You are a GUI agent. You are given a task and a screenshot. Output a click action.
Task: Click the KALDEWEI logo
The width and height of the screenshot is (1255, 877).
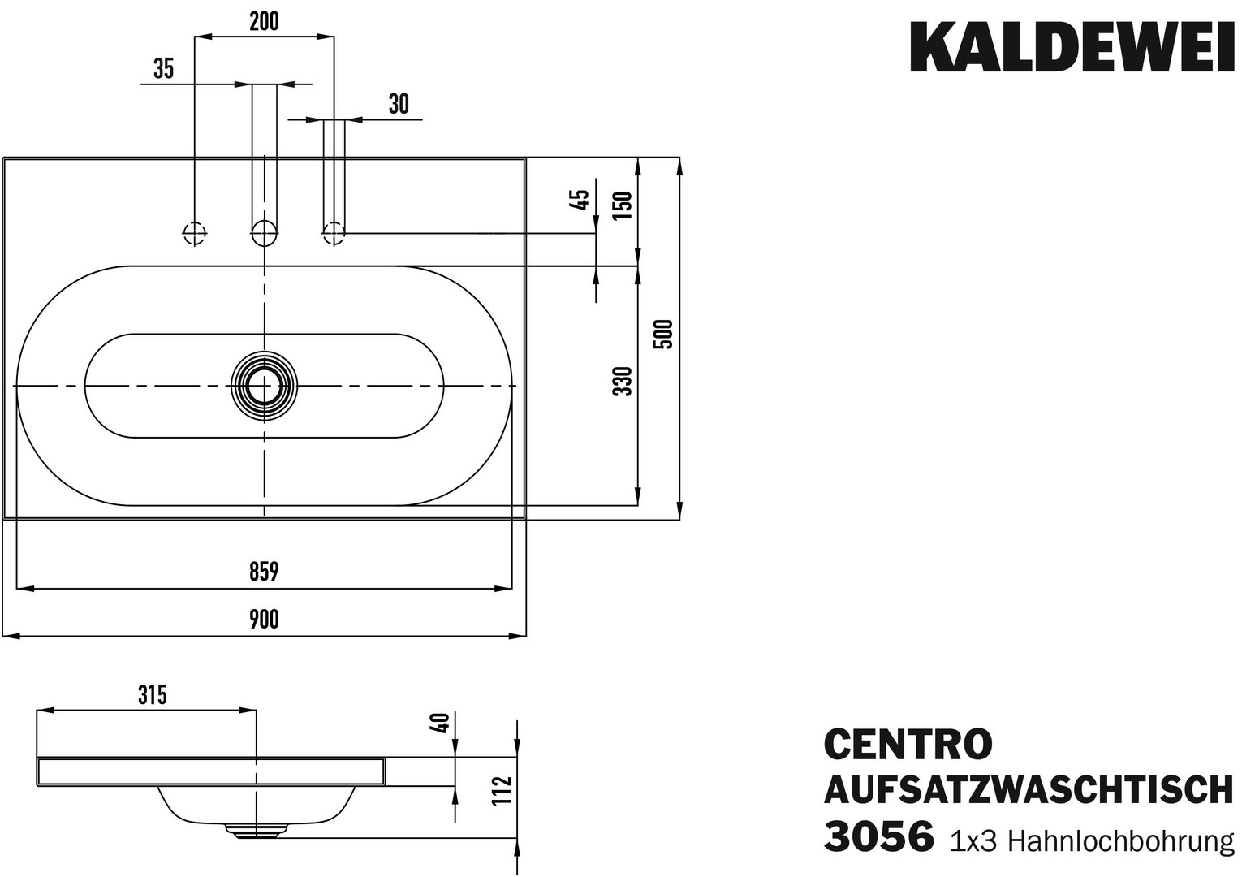tap(1072, 46)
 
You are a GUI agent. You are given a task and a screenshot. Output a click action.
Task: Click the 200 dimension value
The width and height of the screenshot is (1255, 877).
tap(264, 22)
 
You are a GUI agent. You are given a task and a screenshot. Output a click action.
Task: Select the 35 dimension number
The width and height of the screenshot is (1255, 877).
tap(163, 69)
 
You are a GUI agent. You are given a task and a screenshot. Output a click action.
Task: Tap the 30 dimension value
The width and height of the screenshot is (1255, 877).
tap(399, 105)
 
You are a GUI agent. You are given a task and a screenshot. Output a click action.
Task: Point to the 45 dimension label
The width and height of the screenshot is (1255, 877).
tap(579, 200)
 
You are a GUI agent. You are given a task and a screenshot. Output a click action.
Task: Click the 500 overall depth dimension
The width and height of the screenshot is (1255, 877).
tap(664, 335)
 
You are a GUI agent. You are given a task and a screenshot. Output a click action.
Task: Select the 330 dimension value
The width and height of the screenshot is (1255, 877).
tap(623, 382)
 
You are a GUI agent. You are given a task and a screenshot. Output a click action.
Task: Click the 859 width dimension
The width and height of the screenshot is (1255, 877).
tap(263, 572)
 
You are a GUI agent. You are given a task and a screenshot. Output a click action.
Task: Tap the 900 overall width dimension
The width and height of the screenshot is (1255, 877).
tap(263, 620)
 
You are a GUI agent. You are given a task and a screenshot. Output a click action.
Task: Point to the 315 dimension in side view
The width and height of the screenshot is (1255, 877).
tap(152, 695)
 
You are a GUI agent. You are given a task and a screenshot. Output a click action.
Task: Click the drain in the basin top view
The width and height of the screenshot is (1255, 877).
tap(264, 386)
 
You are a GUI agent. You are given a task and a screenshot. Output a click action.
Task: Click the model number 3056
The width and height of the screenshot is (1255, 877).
tap(878, 836)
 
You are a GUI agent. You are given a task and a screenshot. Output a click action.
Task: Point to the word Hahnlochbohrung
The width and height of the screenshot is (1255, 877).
tap(1121, 840)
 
